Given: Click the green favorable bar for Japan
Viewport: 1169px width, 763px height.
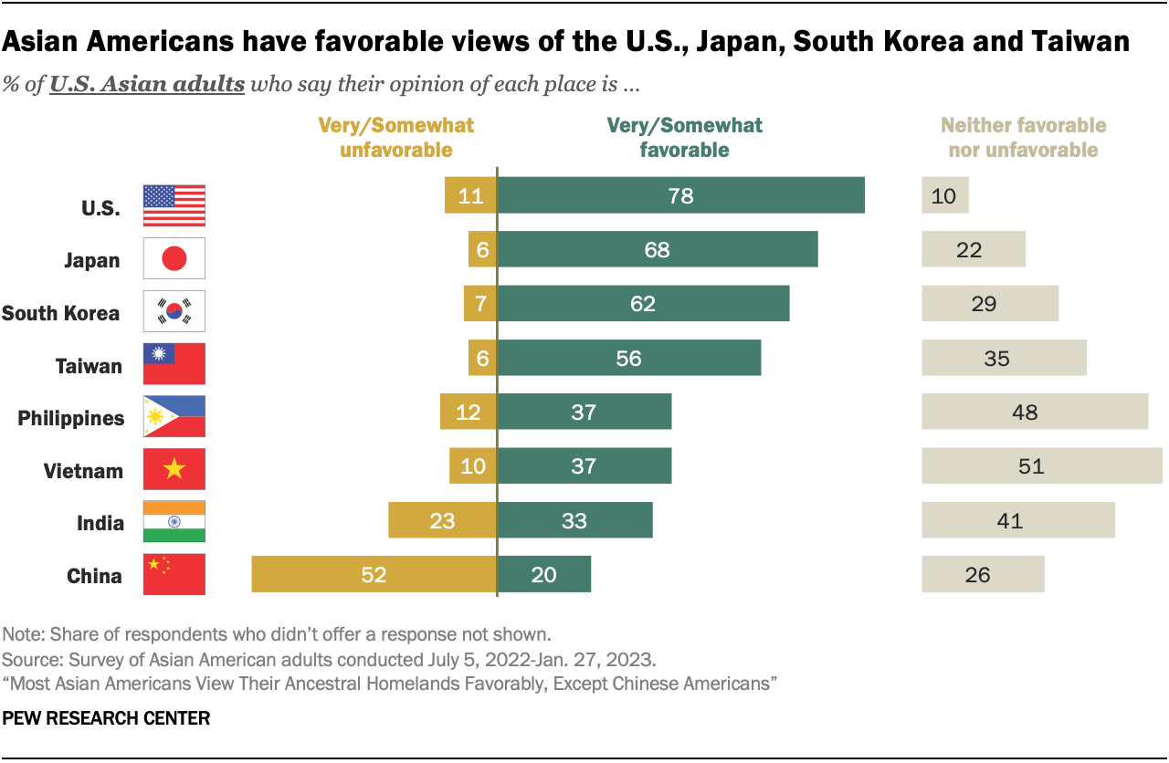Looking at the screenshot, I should click(657, 248).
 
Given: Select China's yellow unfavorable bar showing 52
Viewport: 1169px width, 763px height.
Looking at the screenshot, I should click(374, 575).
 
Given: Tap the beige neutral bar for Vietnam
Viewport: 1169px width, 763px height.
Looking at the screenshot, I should click(1041, 465).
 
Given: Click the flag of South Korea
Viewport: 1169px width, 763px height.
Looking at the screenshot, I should click(174, 311).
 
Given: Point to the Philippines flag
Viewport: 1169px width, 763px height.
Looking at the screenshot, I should click(174, 417).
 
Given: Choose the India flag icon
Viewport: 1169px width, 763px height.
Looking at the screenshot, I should click(174, 522).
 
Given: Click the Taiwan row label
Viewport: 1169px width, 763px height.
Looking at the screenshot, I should click(89, 366).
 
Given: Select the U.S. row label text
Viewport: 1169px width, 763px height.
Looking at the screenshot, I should click(100, 207).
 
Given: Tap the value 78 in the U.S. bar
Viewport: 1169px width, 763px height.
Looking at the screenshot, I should click(680, 195).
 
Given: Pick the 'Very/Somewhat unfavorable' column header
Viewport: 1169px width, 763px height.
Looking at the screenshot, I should click(395, 138).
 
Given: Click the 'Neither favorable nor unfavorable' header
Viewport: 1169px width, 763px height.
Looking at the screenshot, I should click(1023, 138).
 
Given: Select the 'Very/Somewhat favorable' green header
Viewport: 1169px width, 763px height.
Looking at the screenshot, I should click(684, 138).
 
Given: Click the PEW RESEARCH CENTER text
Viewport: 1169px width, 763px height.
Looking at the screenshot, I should click(106, 719).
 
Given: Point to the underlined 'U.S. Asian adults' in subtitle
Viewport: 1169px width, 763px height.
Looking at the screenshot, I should click(147, 86).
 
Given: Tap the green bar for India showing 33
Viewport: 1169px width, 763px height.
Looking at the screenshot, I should click(574, 520).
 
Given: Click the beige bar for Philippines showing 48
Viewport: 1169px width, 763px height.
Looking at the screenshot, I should click(1034, 413).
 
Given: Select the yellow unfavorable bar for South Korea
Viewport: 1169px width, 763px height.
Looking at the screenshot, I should click(479, 303).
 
